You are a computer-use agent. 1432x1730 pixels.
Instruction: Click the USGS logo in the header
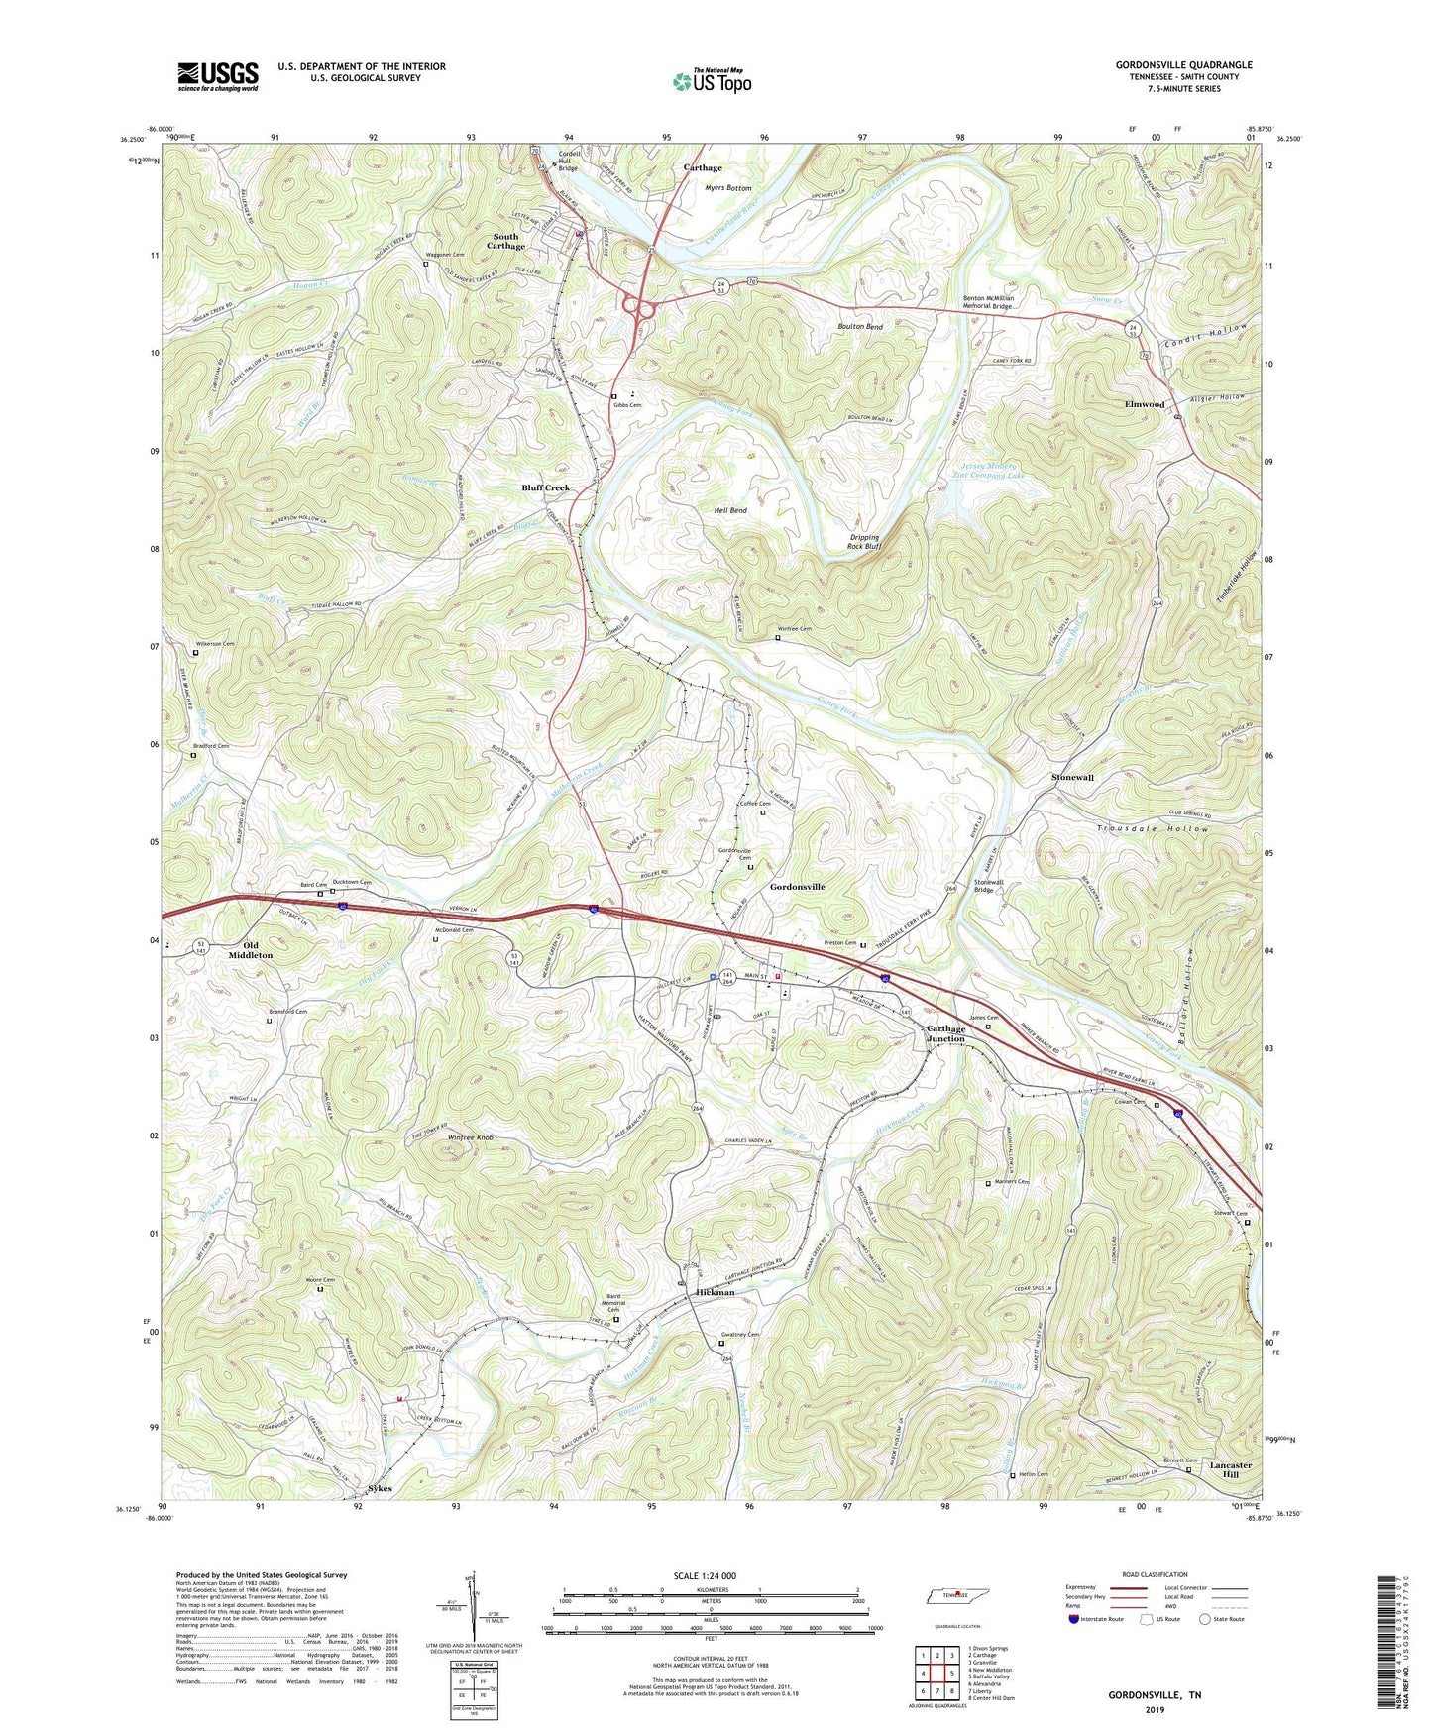218,76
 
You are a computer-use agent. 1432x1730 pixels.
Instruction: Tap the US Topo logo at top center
711,81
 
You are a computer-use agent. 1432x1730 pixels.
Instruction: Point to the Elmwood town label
1145,404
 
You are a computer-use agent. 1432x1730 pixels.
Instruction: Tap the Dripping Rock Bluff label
863,542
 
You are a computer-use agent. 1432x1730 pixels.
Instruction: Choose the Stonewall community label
1072,778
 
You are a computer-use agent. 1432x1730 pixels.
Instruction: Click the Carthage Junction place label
945,1033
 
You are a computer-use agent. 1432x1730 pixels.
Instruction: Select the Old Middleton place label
251,950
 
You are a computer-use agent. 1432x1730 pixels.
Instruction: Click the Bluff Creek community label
546,488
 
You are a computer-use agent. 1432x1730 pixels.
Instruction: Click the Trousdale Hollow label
1153,828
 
